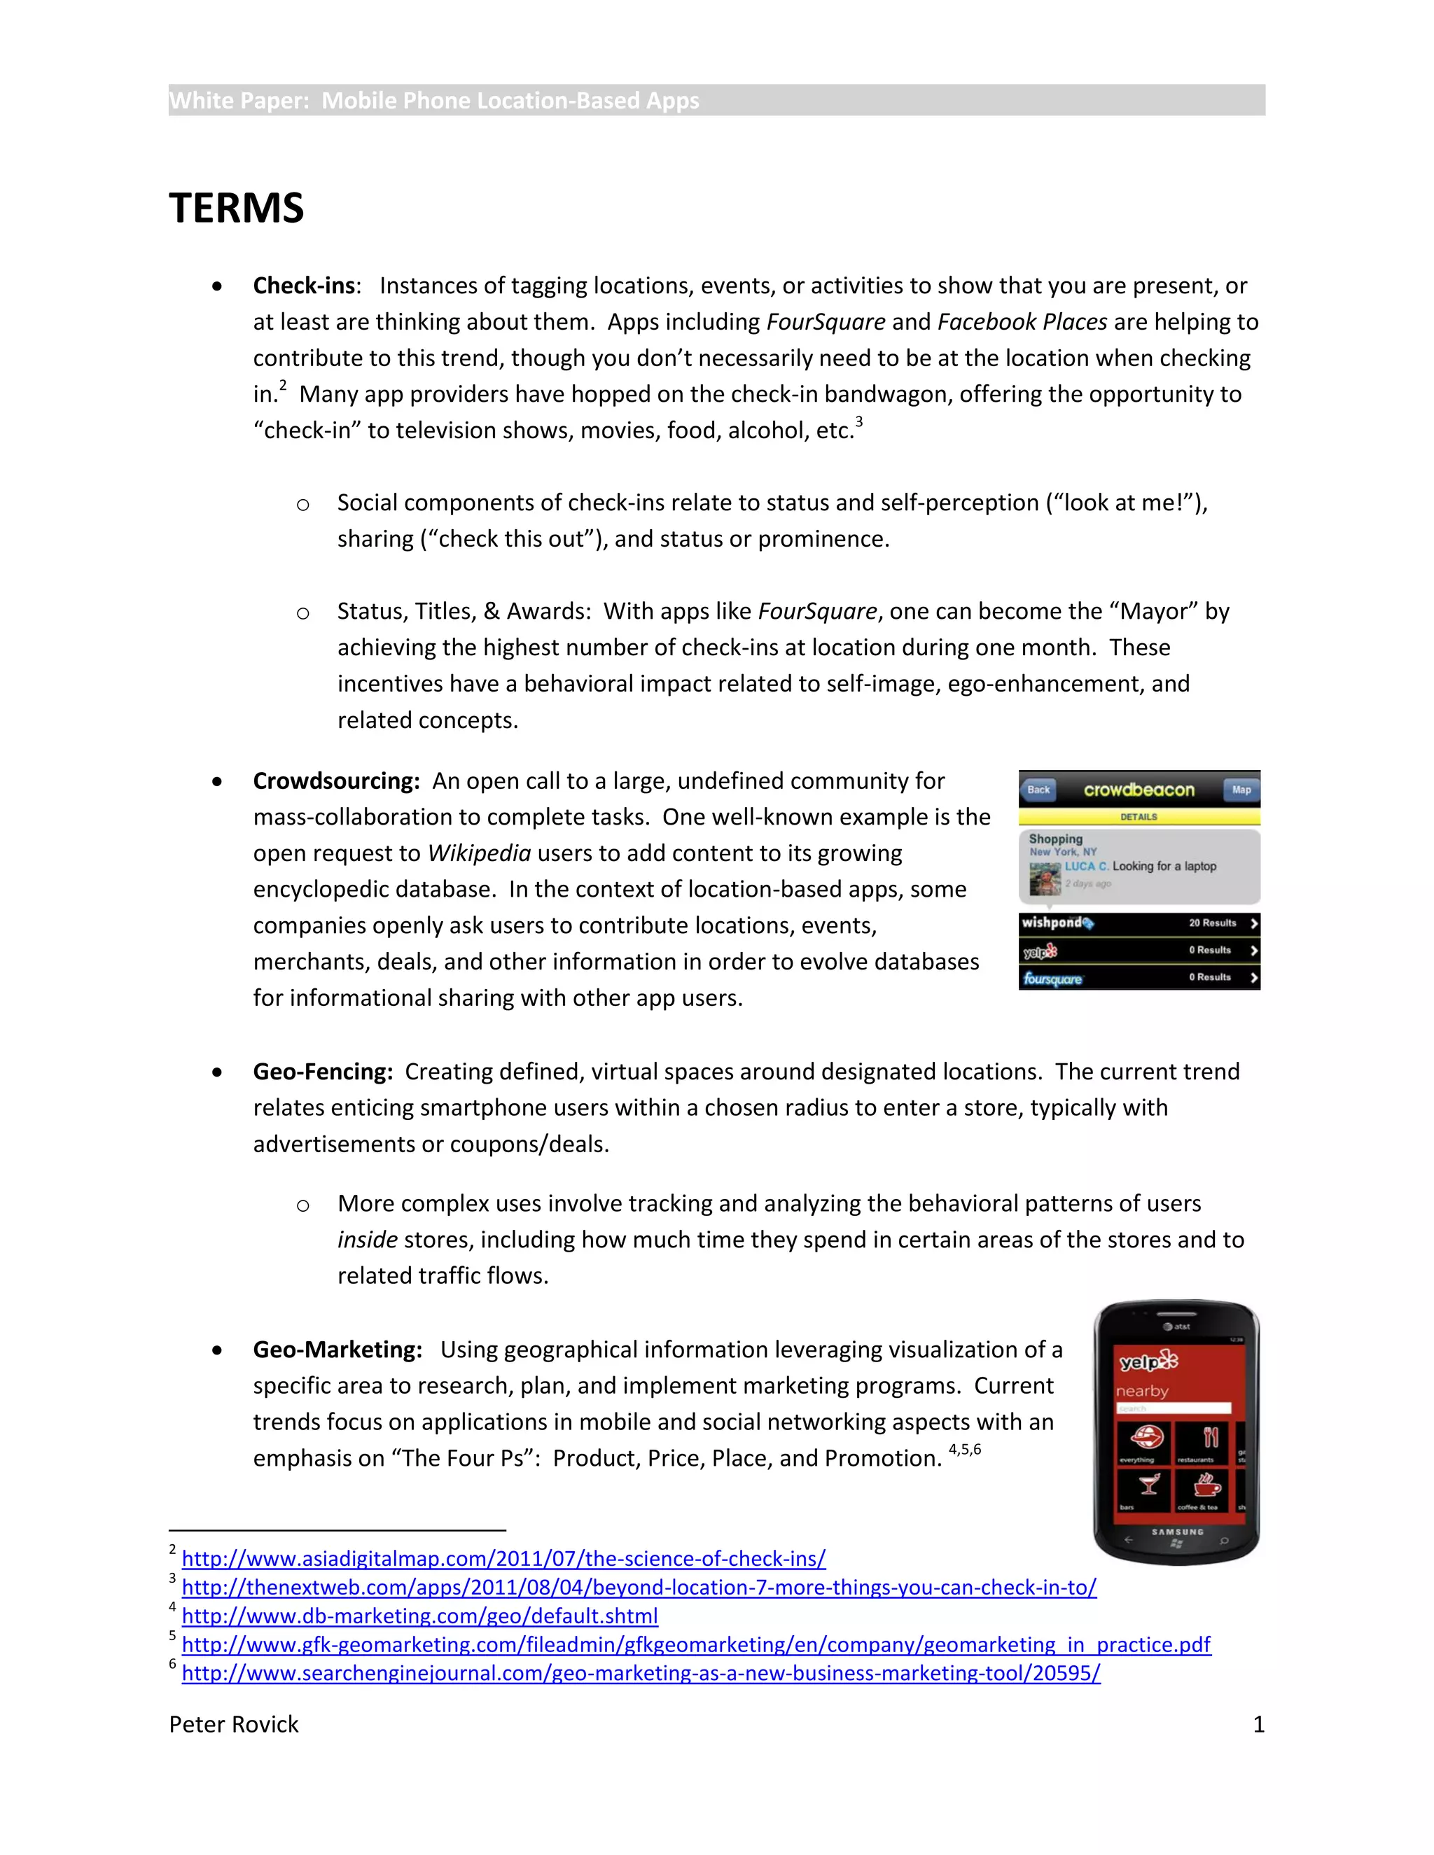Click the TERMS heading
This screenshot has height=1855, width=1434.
(236, 208)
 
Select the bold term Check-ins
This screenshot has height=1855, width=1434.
(303, 286)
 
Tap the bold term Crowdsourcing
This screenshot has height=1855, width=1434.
(336, 780)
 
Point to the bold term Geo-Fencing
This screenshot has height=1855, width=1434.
(323, 1071)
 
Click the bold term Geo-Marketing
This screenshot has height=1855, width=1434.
(337, 1349)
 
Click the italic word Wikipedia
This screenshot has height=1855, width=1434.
(479, 853)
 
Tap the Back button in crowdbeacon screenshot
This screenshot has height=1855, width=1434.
(1038, 789)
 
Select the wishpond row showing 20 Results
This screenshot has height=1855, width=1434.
(1139, 923)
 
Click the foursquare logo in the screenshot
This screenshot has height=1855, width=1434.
(1052, 979)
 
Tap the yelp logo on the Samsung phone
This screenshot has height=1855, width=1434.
(1148, 1361)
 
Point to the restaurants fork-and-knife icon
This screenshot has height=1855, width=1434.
(1210, 1438)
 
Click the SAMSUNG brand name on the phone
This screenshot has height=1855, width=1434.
(1176, 1532)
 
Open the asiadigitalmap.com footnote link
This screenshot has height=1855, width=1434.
(503, 1559)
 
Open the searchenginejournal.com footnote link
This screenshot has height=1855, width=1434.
(641, 1672)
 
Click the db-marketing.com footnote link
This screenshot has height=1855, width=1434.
(419, 1616)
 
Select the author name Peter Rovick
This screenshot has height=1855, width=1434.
(234, 1724)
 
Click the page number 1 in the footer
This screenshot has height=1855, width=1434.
(1258, 1724)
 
